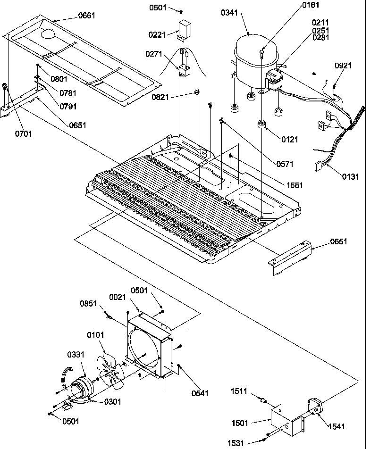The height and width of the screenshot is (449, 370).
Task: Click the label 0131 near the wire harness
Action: pyautogui.click(x=350, y=177)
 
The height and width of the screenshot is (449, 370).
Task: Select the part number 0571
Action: pyautogui.click(x=285, y=164)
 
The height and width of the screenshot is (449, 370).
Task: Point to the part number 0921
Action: pyautogui.click(x=343, y=66)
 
